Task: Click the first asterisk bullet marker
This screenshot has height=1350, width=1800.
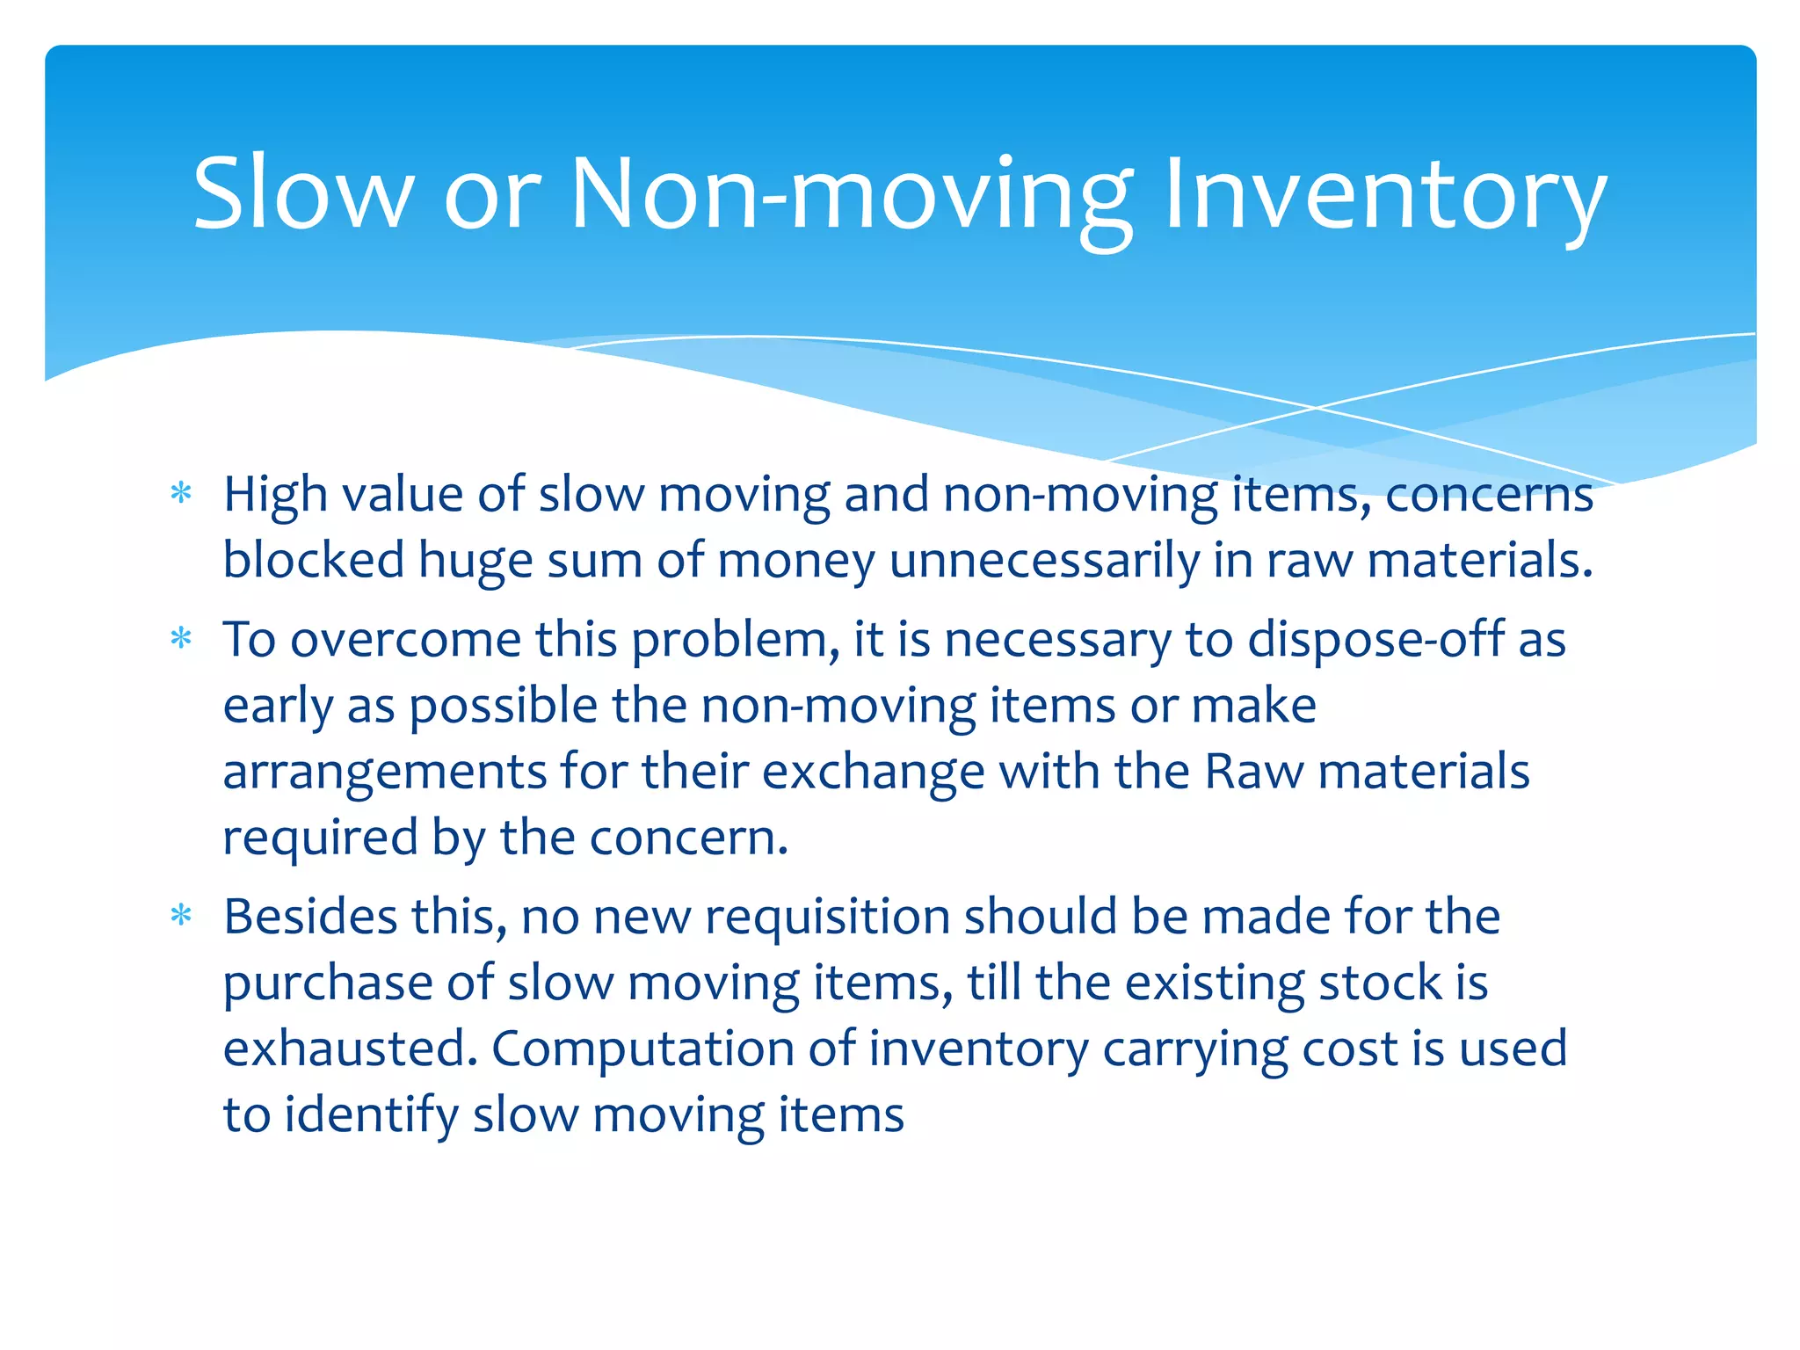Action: pyautogui.click(x=181, y=493)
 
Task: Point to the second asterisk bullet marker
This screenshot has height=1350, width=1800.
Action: pyautogui.click(x=181, y=638)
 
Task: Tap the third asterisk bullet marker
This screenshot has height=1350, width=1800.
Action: pyautogui.click(x=181, y=916)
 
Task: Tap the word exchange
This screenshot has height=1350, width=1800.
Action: pyautogui.click(x=872, y=772)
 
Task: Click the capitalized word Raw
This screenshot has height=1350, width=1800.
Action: pyautogui.click(x=1254, y=772)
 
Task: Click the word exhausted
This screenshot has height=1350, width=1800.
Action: pyautogui.click(x=350, y=1049)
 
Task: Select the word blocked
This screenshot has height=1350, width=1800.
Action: pyautogui.click(x=313, y=560)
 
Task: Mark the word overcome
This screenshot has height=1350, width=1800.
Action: pyautogui.click(x=405, y=640)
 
